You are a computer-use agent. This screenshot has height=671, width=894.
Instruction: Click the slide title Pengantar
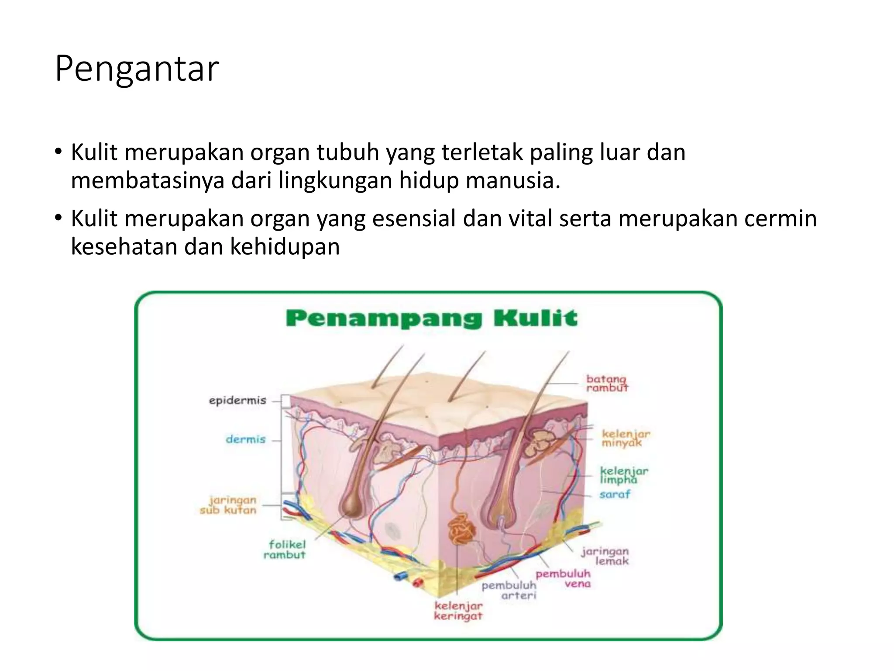(x=137, y=69)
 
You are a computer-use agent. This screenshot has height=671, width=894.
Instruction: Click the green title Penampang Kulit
(x=431, y=318)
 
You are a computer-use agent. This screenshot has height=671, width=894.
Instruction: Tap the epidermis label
(x=237, y=401)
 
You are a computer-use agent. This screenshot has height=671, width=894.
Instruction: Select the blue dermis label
(x=245, y=439)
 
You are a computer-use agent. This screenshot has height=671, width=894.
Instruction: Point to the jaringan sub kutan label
(x=228, y=505)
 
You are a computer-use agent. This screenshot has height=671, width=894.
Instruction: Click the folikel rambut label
(x=285, y=550)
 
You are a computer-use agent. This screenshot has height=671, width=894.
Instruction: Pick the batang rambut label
(x=607, y=383)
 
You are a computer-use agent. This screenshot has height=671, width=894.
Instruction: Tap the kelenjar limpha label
(x=624, y=475)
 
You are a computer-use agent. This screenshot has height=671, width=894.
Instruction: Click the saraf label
(x=615, y=495)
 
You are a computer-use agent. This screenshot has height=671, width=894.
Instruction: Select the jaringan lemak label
(x=605, y=556)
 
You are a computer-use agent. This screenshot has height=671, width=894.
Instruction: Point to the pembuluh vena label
(x=564, y=579)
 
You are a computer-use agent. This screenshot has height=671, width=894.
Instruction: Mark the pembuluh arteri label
(x=509, y=590)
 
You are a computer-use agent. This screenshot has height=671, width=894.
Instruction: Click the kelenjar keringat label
(x=458, y=611)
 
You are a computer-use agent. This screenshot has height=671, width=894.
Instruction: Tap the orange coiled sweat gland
(x=461, y=529)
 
